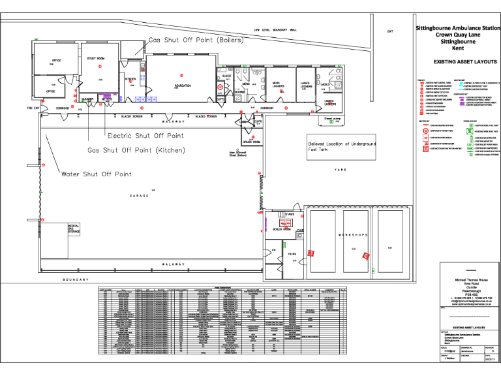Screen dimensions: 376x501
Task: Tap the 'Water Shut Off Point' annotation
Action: point(96,174)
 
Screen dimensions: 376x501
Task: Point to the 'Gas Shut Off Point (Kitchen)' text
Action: point(136,149)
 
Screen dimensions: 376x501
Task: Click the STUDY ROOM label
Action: point(97,59)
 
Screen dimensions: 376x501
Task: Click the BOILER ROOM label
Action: point(282,230)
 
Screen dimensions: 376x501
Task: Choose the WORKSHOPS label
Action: point(353,234)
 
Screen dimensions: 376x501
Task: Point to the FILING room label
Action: point(293,254)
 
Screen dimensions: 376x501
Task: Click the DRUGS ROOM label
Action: point(252,142)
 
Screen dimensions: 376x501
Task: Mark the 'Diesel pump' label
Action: point(333,118)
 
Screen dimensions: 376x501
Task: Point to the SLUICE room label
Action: point(226,76)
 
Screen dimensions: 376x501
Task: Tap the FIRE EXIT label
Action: point(33,108)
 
